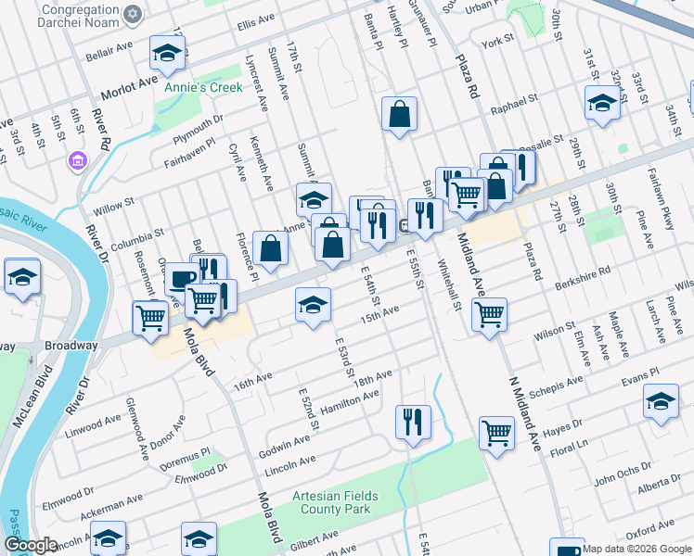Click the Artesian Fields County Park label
click(x=331, y=502)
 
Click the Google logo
click(x=31, y=545)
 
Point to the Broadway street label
click(x=71, y=346)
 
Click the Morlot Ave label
click(x=129, y=85)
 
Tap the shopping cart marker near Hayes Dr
click(x=497, y=432)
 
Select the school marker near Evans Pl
click(x=661, y=403)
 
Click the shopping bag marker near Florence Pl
click(x=269, y=248)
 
